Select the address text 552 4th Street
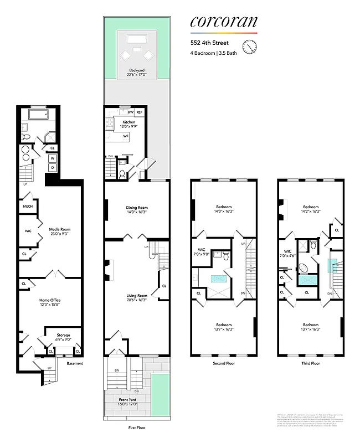(205, 42)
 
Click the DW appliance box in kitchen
(131, 112)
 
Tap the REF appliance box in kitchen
(140, 112)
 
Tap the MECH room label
(28, 207)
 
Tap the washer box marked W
(53, 158)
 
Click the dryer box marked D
(53, 167)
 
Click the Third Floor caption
(310, 364)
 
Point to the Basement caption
(75, 363)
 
